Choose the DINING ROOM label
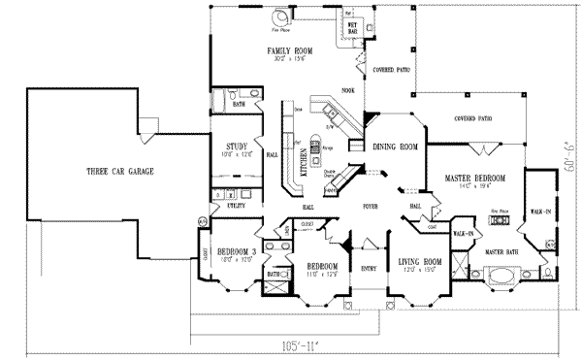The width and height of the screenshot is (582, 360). click(395, 147)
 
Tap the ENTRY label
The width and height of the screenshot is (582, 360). click(368, 267)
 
